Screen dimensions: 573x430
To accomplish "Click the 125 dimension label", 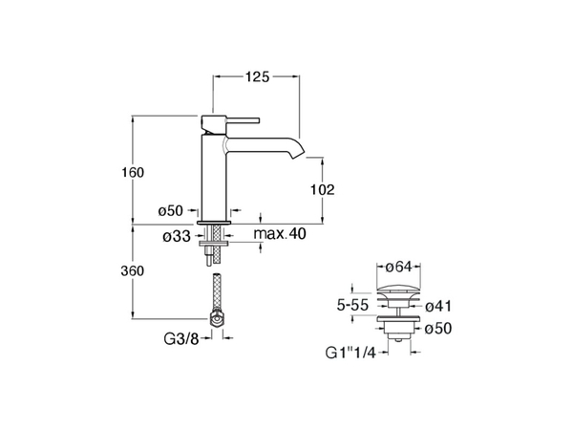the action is coord(257,76).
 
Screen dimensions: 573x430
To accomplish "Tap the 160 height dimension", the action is coord(133,172).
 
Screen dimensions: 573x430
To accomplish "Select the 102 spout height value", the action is coord(323,190).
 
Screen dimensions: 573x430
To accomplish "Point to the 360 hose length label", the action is coord(133,271).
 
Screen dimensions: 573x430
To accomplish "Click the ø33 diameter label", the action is coord(177,237).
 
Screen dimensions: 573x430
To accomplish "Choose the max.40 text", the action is coord(280,234).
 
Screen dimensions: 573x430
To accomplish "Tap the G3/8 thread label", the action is coord(181,339).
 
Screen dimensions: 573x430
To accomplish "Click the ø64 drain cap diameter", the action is coord(398,267).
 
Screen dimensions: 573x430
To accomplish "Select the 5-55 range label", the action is coord(352,305).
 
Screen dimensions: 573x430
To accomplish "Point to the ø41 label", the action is coord(438,306).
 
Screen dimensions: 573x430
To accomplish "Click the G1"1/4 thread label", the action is coord(350,353).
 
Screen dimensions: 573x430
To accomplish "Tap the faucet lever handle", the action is coord(243,120).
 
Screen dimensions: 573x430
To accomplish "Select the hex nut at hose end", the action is coord(217,319).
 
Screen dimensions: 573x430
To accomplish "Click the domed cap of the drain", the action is coord(398,290).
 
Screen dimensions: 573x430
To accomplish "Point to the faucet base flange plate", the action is coord(214,223).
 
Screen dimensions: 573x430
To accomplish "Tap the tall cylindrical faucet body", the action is coord(214,178).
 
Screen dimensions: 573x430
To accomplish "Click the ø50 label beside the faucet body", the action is coord(170,210).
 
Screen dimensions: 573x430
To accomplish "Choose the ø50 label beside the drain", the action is coord(438,328).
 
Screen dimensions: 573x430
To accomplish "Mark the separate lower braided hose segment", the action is coord(217,292).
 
